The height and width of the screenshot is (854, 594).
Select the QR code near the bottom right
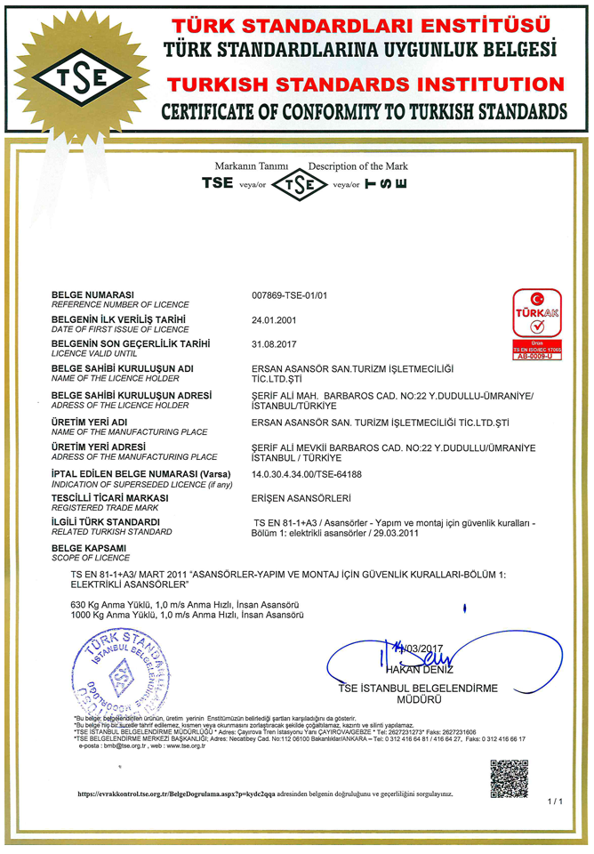[509, 777]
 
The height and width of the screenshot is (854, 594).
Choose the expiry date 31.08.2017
[275, 343]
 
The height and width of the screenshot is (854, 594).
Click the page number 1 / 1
[556, 802]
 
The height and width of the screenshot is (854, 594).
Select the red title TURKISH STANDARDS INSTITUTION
[365, 85]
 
